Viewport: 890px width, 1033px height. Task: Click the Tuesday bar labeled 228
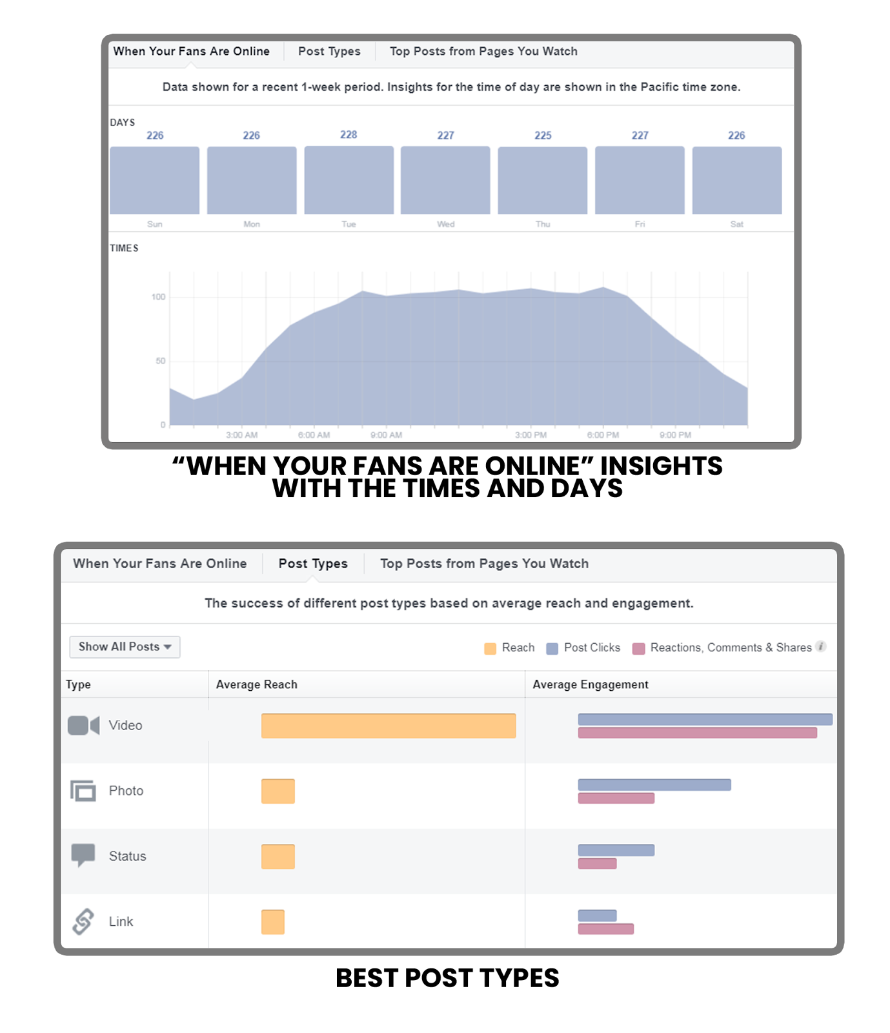pos(349,179)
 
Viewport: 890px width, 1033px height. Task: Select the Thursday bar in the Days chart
pos(542,180)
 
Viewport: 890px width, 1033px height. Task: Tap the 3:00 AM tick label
pos(242,435)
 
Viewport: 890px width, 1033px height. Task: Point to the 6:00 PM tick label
pos(603,435)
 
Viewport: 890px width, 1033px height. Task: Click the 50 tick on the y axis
pos(160,361)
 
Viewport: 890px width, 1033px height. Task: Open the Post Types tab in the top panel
pos(329,52)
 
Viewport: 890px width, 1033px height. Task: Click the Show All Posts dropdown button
pos(125,647)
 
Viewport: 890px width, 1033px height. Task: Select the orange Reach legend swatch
pos(491,648)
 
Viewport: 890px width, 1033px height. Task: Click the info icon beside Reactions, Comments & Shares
pos(821,646)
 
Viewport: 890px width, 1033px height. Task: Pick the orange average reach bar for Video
pos(388,726)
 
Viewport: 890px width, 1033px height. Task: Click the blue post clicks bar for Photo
pos(654,784)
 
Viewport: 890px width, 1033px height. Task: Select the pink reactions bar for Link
pos(605,929)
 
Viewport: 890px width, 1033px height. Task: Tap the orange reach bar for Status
pos(278,857)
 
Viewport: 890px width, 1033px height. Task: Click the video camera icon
pos(83,726)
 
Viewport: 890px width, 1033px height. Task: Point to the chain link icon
pos(83,921)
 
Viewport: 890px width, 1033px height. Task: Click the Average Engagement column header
pos(590,684)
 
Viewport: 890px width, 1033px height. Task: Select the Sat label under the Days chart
pos(736,224)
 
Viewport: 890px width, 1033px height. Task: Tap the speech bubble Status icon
pos(83,855)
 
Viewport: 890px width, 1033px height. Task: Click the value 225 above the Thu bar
pos(543,136)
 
